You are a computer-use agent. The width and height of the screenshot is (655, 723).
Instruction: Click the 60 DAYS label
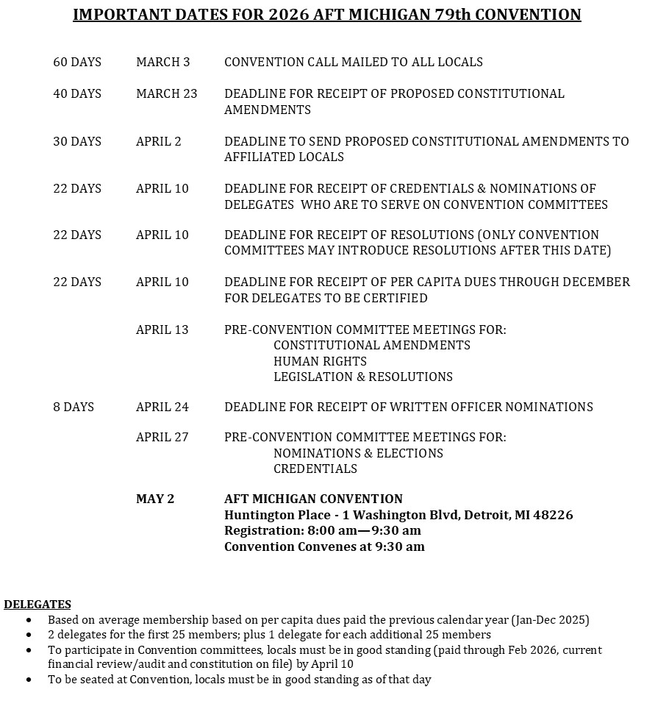point(77,63)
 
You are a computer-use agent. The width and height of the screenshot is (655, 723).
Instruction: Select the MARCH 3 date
point(163,63)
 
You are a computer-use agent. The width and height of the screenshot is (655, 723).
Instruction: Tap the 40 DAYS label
point(77,94)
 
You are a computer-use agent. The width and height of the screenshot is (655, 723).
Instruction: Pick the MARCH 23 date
point(167,94)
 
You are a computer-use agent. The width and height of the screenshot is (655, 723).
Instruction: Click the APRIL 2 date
point(159,141)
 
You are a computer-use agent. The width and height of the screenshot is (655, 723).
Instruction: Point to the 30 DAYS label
point(77,141)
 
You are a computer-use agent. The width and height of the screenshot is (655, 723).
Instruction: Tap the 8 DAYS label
point(74,407)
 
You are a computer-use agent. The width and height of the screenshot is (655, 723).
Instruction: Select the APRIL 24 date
point(162,407)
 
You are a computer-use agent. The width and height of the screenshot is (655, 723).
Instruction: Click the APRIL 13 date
point(162,330)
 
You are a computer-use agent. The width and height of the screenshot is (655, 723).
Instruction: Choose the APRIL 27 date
point(162,437)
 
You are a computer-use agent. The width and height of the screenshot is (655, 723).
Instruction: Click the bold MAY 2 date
point(155,499)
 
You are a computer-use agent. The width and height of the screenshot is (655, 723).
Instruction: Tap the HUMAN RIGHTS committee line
point(320,361)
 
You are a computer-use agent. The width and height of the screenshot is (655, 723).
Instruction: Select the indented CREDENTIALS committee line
point(315,469)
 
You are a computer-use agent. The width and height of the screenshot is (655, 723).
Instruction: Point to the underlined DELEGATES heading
point(37,605)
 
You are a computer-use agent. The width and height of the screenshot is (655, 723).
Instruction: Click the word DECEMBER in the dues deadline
point(595,282)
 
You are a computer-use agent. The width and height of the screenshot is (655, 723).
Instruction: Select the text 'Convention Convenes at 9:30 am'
point(324,546)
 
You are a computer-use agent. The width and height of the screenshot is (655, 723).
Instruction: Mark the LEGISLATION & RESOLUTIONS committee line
point(363,377)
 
